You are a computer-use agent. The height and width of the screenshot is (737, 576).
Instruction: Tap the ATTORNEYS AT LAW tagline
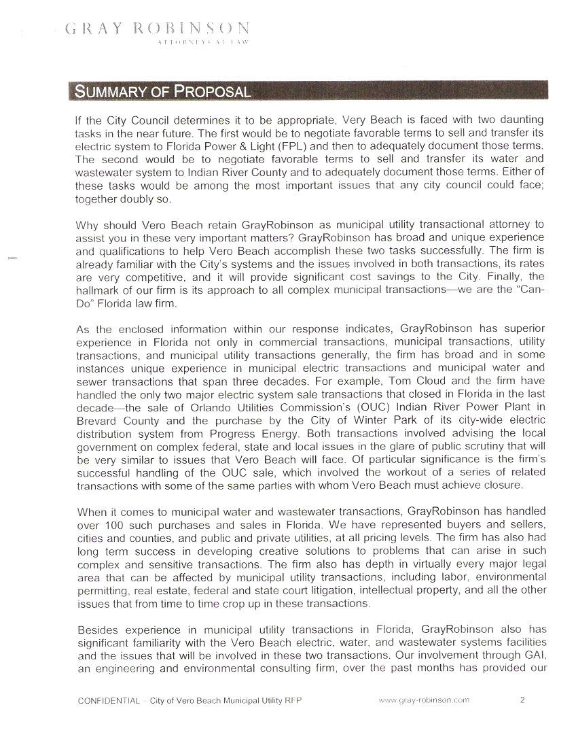coord(202,43)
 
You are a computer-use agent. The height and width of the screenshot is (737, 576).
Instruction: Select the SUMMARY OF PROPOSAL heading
coord(162,91)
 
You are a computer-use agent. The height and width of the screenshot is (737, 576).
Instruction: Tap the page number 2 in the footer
coord(522,700)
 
